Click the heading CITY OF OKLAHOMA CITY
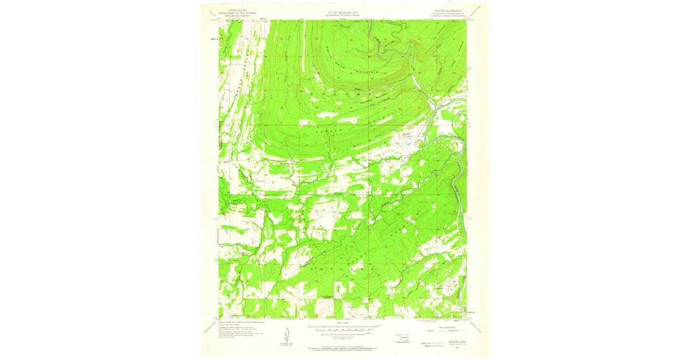click(x=342, y=11)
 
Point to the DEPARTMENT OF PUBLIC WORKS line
click(x=342, y=15)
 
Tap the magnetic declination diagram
click(x=286, y=334)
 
